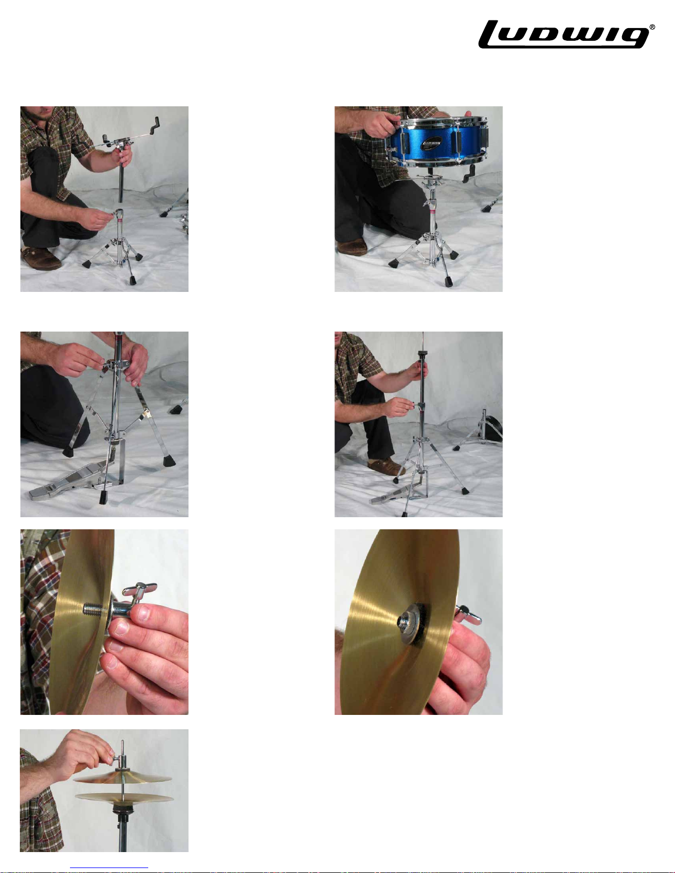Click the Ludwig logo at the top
564,35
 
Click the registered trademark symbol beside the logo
652,28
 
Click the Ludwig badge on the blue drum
431,143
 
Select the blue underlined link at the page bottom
109,868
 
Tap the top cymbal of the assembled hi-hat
122,777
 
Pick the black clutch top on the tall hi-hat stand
422,354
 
